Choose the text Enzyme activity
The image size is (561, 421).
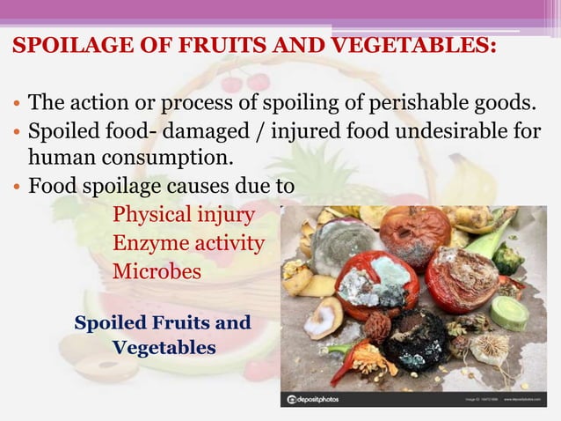(x=188, y=243)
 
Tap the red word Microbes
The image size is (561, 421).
(x=157, y=272)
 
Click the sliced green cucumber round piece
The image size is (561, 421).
(x=511, y=313)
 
